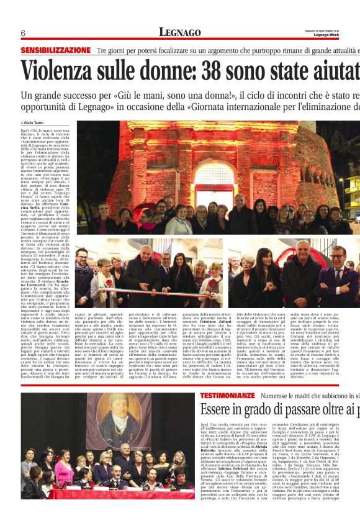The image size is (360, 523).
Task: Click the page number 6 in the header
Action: tap(22, 33)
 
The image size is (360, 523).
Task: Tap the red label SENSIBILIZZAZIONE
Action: tap(56, 50)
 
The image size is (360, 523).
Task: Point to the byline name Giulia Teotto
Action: tap(38, 123)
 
